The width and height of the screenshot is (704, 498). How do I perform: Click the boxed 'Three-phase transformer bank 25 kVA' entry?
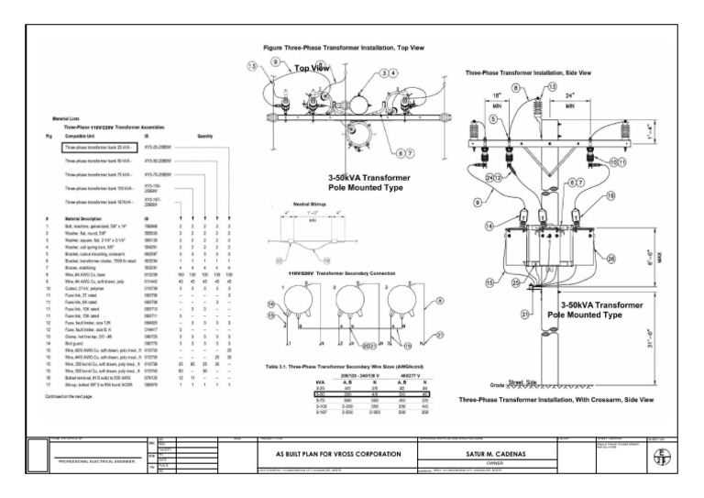(x=100, y=146)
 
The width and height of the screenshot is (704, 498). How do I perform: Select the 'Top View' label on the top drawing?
(x=312, y=69)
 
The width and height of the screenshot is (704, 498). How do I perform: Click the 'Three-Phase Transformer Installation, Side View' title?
(x=528, y=72)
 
